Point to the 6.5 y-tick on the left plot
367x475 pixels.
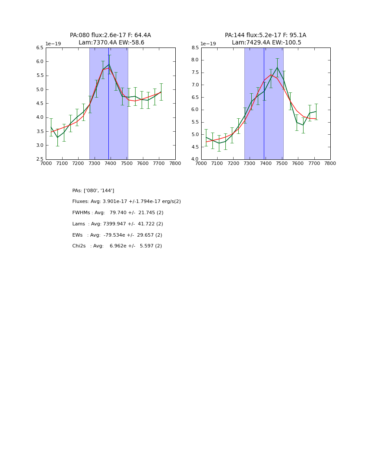[x=39, y=47]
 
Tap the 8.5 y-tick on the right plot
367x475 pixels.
[x=194, y=47]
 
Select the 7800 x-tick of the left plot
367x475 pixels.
[x=175, y=164]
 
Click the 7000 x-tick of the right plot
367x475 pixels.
[x=201, y=164]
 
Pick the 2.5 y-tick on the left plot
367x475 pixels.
[x=39, y=159]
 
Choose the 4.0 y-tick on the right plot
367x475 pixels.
[x=194, y=159]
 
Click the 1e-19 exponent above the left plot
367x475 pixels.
[x=53, y=44]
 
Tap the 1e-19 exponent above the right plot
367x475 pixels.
[x=208, y=44]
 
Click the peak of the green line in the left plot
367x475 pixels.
[x=109, y=64]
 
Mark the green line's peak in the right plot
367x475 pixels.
[x=277, y=67]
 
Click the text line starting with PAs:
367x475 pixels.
[x=93, y=190]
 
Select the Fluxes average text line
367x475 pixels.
[x=127, y=202]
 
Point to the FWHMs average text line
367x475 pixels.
[x=118, y=213]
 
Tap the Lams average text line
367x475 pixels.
[x=118, y=224]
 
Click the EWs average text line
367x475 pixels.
[x=117, y=235]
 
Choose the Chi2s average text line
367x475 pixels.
[x=117, y=246]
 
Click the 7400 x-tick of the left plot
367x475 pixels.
[x=111, y=164]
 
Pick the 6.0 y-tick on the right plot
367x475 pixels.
[x=194, y=110]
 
